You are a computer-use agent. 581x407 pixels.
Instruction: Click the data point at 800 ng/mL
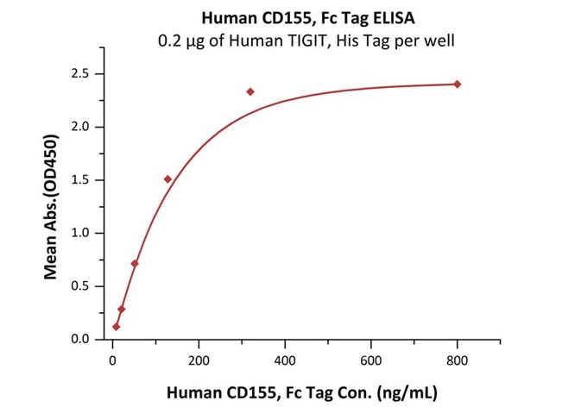[458, 84]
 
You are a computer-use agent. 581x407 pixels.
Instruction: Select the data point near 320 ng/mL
[250, 91]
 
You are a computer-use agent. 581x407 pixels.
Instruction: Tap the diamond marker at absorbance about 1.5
[167, 179]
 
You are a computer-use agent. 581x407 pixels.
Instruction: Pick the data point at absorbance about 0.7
[135, 263]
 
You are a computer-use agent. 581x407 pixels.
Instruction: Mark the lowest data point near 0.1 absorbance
[117, 327]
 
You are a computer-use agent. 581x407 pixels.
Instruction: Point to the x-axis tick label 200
[199, 360]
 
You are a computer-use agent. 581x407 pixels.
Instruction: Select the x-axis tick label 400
[285, 360]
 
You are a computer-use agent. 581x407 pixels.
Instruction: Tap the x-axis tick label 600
[371, 360]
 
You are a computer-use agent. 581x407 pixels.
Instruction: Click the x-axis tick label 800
[458, 360]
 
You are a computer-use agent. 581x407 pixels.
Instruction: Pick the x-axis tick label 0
[112, 360]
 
